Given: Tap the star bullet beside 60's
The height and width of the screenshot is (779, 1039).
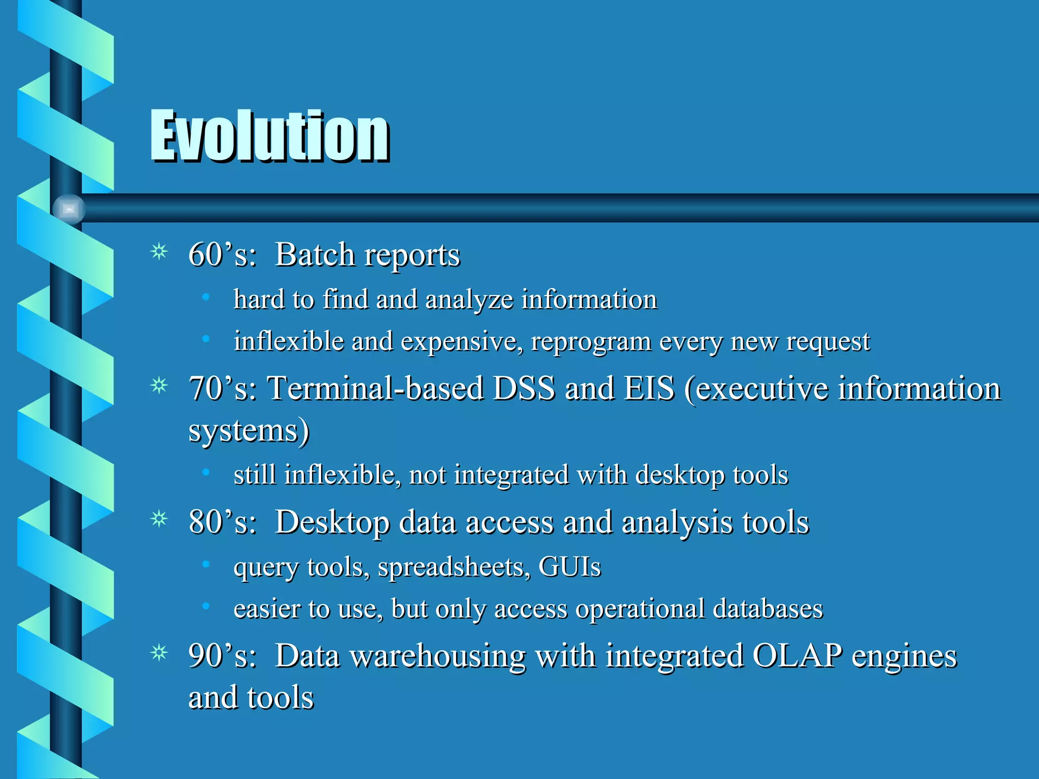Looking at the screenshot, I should (159, 252).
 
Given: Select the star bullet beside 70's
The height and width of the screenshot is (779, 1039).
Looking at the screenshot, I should (159, 386).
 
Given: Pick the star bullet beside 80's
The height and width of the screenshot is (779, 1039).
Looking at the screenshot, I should (159, 519).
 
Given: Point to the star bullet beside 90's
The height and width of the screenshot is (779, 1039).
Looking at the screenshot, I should (159, 653).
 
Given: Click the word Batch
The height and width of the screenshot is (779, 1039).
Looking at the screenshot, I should (315, 254).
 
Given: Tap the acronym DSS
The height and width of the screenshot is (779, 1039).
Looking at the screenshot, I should (524, 388).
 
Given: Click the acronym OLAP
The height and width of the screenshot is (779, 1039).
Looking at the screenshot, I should (797, 655).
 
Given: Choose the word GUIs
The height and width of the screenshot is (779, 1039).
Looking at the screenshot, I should (569, 566).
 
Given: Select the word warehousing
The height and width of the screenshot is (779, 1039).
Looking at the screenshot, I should (438, 656).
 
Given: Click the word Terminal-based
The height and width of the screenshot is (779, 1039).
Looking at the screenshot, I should (375, 388).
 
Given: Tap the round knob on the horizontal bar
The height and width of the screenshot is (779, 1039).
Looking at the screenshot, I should (69, 209).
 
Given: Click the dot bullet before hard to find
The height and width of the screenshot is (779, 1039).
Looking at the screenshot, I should (205, 297).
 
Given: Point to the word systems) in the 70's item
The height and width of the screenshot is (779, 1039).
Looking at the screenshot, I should (249, 431).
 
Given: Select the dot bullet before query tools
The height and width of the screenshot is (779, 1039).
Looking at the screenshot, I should (205, 564).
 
